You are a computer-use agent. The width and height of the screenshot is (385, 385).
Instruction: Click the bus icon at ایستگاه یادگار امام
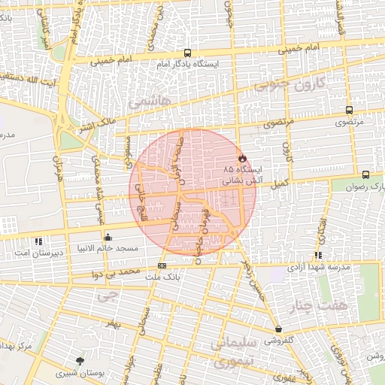pyautogui.click(x=186, y=53)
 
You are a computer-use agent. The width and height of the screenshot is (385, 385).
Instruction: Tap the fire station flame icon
pyautogui.click(x=241, y=159)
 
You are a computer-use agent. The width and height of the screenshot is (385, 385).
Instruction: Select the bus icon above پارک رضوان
pyautogui.click(x=365, y=174)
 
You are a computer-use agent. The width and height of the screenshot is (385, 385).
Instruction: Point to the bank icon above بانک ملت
pyautogui.click(x=162, y=265)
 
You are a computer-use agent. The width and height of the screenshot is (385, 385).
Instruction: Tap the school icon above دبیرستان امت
pyautogui.click(x=38, y=242)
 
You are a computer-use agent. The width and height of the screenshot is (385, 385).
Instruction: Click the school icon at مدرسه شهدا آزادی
pyautogui.click(x=319, y=255)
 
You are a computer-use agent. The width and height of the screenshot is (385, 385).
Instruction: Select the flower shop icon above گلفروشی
pyautogui.click(x=278, y=329)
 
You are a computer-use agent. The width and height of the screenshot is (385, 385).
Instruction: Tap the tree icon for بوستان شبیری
pyautogui.click(x=80, y=360)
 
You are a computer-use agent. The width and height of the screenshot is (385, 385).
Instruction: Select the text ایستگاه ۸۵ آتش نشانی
pyautogui.click(x=241, y=176)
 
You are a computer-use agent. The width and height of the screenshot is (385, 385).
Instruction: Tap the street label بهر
pyautogui.click(x=113, y=323)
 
